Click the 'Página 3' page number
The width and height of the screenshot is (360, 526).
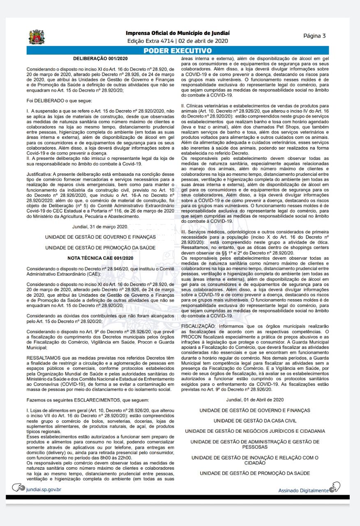pos(314,35)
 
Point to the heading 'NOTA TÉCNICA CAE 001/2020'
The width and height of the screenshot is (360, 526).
pos(101,258)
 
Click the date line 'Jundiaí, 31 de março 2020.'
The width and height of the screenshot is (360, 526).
pos(100,226)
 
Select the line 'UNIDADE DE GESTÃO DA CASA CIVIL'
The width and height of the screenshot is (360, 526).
pos(255,420)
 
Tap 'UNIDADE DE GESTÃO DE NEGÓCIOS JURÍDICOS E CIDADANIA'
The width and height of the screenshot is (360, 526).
pos(255,431)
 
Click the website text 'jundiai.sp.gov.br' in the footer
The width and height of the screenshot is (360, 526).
pos(43,489)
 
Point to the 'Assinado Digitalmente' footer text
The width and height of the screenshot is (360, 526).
pos(303,490)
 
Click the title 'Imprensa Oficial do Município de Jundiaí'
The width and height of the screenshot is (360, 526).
pos(178,33)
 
